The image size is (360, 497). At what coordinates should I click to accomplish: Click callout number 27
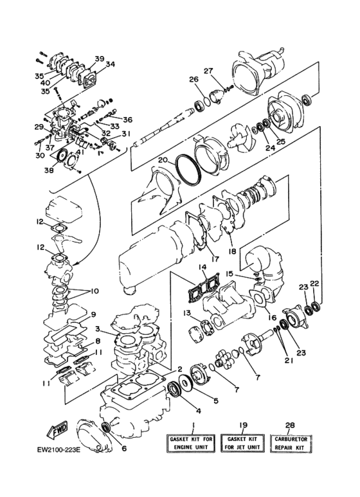pyautogui.click(x=208, y=71)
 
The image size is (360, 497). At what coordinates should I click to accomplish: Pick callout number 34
pyautogui.click(x=110, y=64)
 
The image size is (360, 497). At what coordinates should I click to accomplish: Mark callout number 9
pyautogui.click(x=93, y=314)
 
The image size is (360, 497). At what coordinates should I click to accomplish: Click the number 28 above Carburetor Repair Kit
pyautogui.click(x=290, y=425)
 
